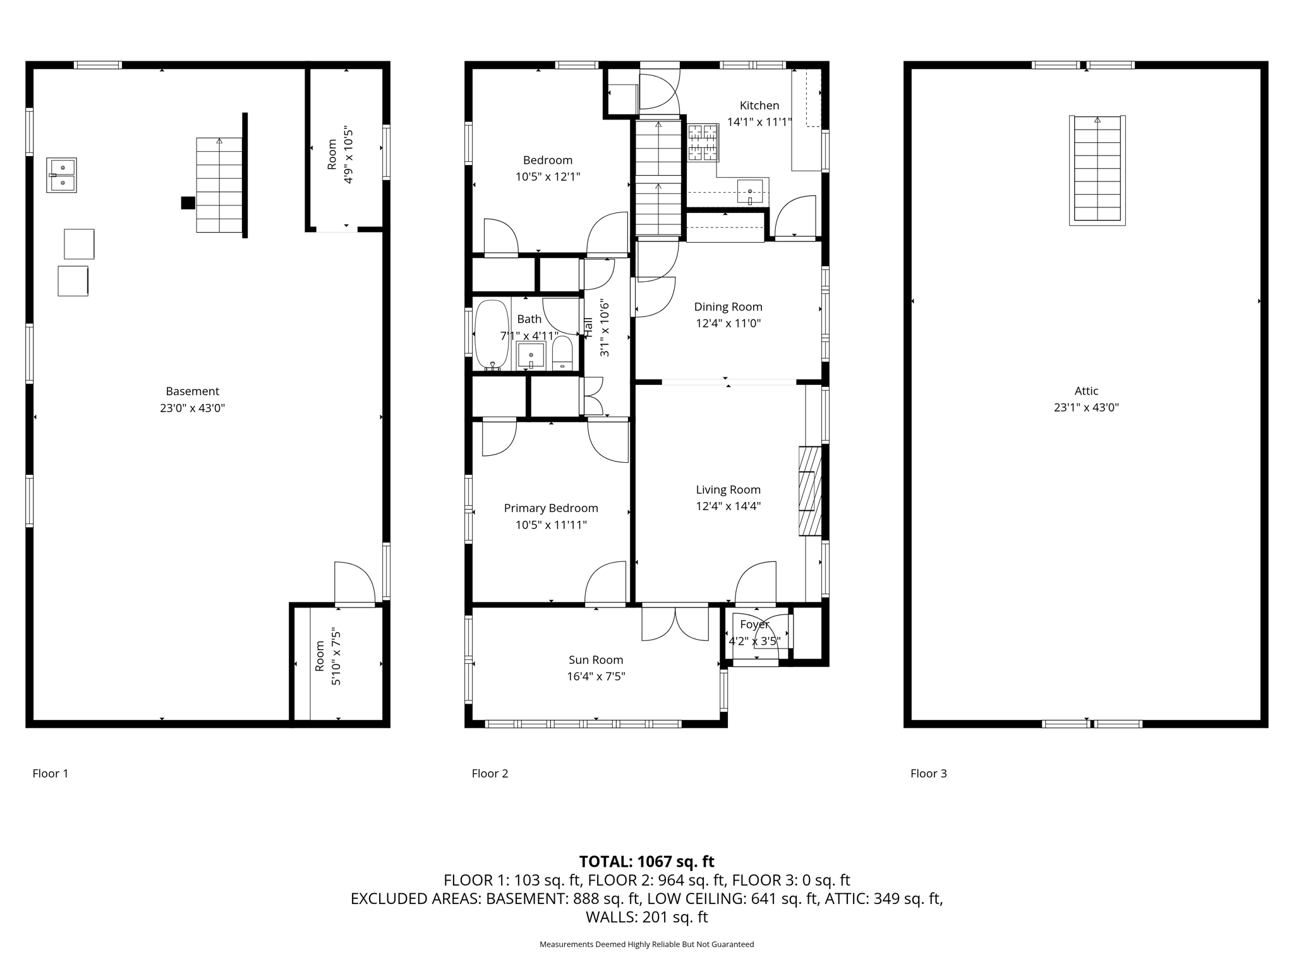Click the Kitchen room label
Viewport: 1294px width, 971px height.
(759, 106)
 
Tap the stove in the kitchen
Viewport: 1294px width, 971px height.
(703, 142)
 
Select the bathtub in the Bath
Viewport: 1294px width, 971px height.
(491, 335)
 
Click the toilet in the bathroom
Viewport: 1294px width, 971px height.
(562, 353)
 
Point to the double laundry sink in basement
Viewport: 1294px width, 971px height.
(61, 175)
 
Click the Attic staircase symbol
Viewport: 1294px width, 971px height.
(1097, 169)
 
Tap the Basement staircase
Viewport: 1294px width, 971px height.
(219, 185)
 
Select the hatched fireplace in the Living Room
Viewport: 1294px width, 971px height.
(809, 491)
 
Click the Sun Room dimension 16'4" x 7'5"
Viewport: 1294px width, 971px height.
(596, 676)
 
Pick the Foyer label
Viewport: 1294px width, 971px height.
(754, 625)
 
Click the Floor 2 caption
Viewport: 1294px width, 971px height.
(490, 773)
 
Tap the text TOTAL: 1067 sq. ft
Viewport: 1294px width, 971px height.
(646, 862)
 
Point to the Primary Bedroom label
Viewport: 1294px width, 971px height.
(550, 508)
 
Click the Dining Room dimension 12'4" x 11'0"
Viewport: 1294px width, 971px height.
(728, 323)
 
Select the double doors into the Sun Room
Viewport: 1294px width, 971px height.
(675, 623)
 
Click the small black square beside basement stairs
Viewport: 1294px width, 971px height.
(188, 203)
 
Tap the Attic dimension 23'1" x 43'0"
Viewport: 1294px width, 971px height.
(1085, 408)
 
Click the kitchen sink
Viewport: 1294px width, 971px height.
(749, 192)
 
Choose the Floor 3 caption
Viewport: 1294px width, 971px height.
(928, 773)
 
